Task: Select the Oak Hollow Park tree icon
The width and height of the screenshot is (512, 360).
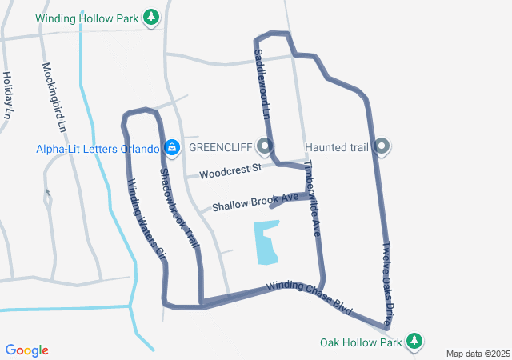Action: pos(414,341)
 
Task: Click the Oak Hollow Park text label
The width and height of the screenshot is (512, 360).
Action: pos(360,342)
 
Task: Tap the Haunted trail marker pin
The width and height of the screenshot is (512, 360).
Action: pos(382,146)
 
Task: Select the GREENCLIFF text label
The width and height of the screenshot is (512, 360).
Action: pos(221,148)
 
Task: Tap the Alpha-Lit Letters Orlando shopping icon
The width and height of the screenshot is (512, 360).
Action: pos(171,148)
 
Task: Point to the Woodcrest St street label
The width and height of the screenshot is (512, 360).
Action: pos(230,171)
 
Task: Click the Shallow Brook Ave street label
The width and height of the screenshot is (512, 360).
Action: pos(254,202)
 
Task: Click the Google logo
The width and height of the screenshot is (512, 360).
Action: pos(27,350)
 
